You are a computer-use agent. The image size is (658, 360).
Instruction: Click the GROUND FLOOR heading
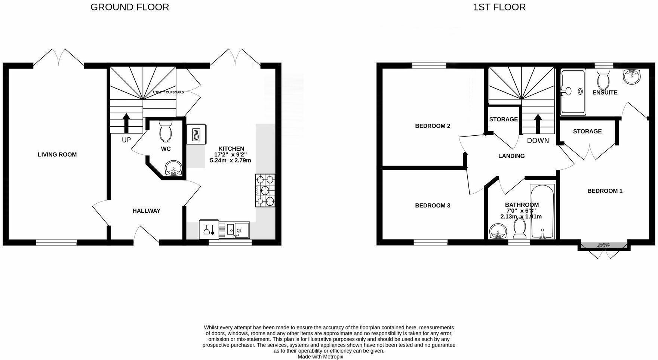tap(130, 7)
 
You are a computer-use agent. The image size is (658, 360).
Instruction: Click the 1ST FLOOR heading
tap(499, 7)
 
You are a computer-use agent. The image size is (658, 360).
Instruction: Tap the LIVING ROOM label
tap(57, 154)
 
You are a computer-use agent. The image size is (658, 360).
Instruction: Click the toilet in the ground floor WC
tap(165, 131)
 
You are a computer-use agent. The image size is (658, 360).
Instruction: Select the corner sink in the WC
tap(173, 168)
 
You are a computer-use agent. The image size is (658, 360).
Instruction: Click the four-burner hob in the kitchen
tap(265, 190)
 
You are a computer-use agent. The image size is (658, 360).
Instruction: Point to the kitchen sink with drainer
tap(234, 230)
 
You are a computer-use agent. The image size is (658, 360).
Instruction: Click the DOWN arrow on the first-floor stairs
tap(538, 123)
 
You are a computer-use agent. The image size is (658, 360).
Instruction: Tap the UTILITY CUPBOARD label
tap(168, 92)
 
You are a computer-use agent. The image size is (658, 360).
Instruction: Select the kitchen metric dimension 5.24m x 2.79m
tap(230, 160)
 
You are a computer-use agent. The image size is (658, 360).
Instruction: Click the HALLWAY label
tap(147, 211)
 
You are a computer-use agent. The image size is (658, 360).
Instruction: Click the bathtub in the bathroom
tap(542, 211)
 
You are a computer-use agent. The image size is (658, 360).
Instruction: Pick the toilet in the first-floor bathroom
tap(520, 228)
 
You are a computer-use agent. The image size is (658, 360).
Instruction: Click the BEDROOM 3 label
tap(433, 206)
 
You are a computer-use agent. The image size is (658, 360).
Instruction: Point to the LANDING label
tap(511, 156)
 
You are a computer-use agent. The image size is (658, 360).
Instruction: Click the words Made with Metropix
tap(320, 357)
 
